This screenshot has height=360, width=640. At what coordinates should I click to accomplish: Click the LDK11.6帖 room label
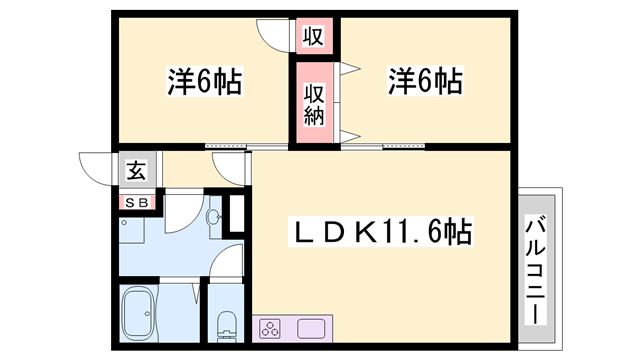(381, 233)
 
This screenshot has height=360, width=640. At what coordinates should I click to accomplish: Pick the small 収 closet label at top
(313, 37)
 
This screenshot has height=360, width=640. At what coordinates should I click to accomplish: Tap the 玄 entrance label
(134, 171)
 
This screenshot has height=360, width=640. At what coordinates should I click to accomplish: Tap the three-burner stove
(273, 327)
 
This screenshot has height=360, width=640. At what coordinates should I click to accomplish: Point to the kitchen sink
(311, 327)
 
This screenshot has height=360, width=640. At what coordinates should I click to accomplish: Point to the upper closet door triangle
(349, 70)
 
